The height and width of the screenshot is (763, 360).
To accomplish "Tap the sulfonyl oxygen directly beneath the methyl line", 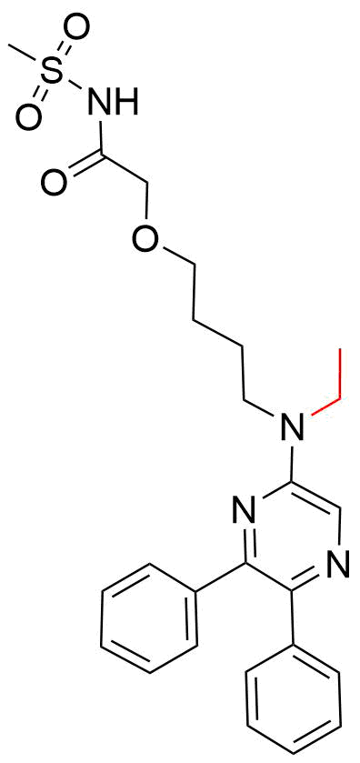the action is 27,117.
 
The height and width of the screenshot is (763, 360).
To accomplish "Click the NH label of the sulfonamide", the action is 112,100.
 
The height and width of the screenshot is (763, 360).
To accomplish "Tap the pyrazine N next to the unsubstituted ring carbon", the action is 338,566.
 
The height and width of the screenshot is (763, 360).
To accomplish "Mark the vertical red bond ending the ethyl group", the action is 341,373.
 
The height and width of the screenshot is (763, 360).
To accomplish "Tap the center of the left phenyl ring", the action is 149,619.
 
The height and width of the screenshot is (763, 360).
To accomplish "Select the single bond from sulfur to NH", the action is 75,86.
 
